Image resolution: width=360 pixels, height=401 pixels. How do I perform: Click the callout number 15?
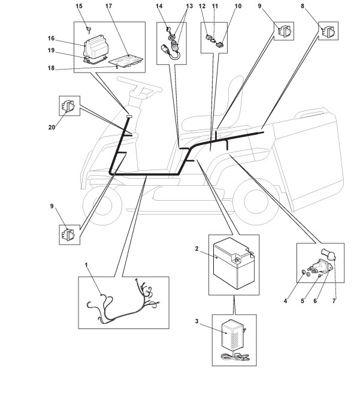pos(79,6)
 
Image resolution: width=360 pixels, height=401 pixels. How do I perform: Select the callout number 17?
pos(108,6)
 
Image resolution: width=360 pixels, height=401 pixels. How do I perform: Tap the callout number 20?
pos(52,127)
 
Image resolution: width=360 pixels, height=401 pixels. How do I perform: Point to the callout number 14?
pos(159,6)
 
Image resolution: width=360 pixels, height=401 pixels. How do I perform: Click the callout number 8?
pos(302,6)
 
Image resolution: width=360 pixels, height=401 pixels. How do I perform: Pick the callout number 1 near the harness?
pos(86,265)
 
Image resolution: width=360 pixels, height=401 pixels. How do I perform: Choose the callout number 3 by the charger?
pos(196,321)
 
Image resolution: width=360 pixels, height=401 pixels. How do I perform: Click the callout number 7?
pos(334,301)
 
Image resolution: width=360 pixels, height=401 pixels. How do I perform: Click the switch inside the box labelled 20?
pos(68,105)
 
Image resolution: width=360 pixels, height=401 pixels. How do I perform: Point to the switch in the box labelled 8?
pos(329,31)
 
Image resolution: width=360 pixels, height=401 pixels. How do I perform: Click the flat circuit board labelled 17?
pos(126,61)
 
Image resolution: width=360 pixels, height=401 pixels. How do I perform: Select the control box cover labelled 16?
pos(95,47)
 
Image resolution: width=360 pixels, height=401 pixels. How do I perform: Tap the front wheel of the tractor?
pos(102,206)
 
